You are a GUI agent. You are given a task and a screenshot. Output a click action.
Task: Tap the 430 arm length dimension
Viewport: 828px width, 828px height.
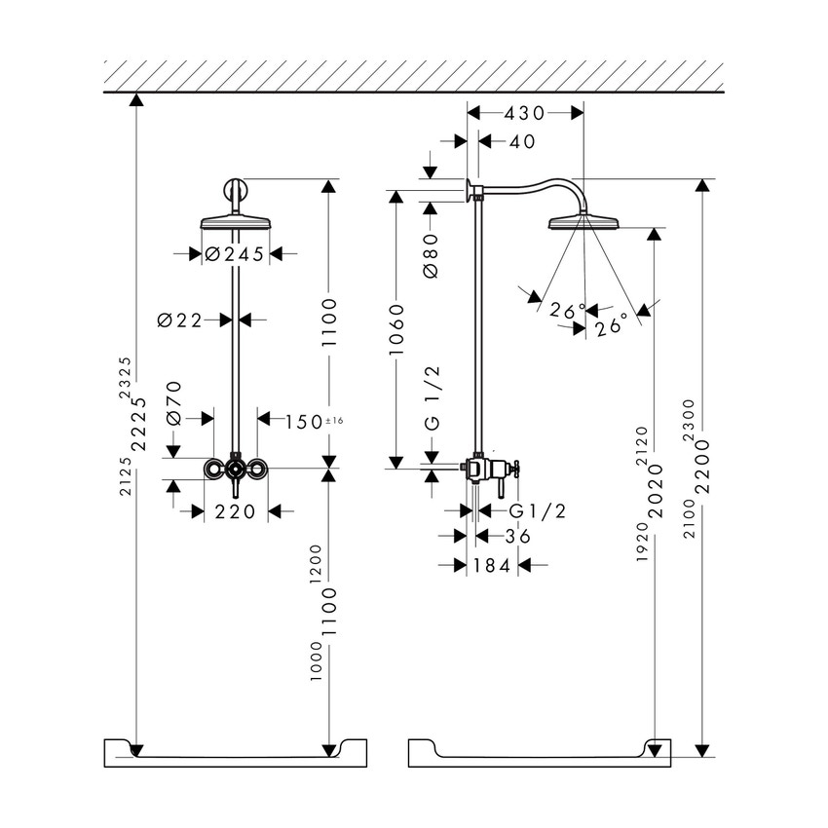point(525,113)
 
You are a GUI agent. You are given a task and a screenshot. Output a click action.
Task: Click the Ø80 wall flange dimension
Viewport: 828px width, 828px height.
point(433,256)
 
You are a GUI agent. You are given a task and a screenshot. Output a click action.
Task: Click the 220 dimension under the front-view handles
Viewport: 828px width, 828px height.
point(235,511)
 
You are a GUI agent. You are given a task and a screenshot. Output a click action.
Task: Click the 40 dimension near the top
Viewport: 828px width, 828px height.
point(522,142)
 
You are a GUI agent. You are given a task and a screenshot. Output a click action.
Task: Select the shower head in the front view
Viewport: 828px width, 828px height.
point(235,222)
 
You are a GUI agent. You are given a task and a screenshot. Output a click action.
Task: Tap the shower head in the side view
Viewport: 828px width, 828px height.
point(583,223)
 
